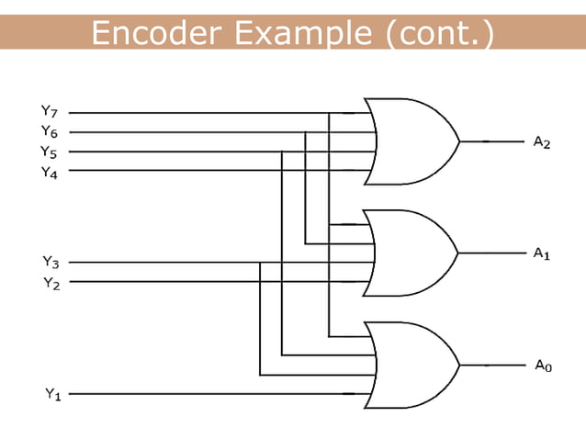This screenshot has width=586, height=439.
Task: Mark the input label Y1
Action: click(x=53, y=394)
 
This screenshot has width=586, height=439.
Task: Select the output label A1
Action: click(x=541, y=253)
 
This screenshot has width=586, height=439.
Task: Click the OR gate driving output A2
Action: click(x=410, y=142)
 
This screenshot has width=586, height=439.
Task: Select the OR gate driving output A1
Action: click(x=410, y=253)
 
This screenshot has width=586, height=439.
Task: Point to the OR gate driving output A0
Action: click(x=410, y=365)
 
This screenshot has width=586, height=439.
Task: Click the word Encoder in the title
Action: click(x=157, y=34)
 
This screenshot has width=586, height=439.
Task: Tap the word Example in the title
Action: click(x=304, y=34)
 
